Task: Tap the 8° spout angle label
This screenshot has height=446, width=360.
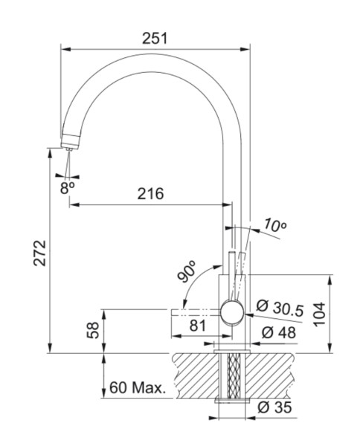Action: [x=68, y=188]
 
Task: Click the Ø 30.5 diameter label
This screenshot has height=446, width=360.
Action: [x=281, y=306]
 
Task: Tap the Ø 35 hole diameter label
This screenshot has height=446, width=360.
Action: [x=275, y=407]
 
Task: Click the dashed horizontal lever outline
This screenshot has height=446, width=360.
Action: [x=197, y=311]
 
